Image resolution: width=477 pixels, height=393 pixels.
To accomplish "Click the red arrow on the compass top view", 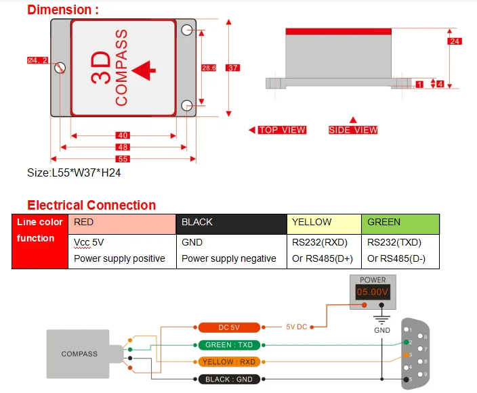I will click(144, 70).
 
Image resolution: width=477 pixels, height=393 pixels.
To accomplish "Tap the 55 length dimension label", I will click(123, 159).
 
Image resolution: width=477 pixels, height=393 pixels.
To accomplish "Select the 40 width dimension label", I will click(123, 135).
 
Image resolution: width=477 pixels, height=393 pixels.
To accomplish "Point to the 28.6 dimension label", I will click(209, 68).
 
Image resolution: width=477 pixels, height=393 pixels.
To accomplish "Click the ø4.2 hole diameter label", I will click(37, 60).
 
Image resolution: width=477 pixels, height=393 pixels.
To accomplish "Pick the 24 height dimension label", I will click(455, 41).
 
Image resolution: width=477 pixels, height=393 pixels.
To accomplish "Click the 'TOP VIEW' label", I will click(282, 130).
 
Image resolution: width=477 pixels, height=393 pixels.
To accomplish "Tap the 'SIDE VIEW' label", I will click(353, 130).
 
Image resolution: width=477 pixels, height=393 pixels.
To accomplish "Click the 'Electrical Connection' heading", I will click(91, 205).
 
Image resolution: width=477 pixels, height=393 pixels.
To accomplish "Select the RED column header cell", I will click(122, 223).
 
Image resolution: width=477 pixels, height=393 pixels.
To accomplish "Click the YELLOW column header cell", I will click(324, 223).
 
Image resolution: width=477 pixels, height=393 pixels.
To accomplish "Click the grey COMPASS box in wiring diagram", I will click(79, 353).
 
